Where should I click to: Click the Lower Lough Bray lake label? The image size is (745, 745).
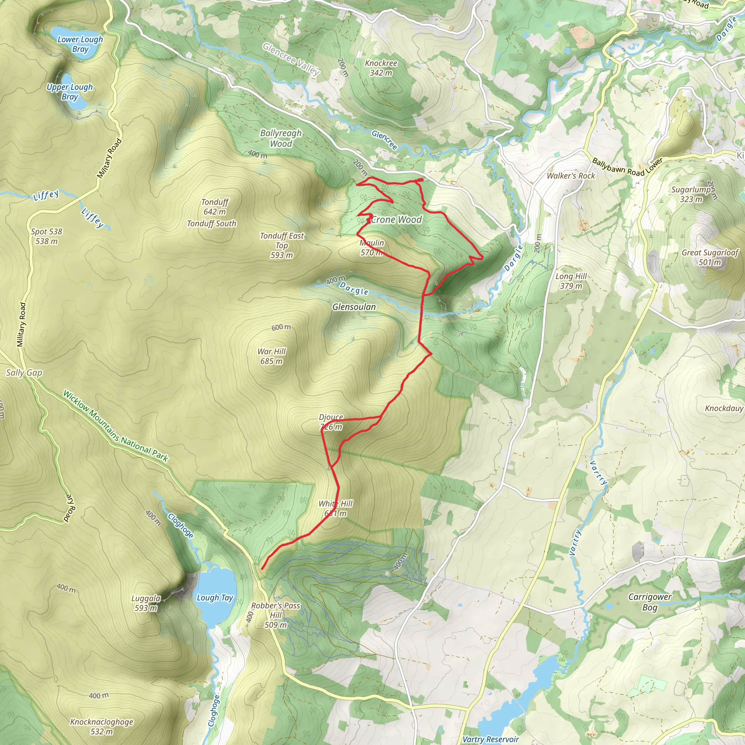pyautogui.click(x=80, y=44)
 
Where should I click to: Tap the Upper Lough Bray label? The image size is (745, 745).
pyautogui.click(x=70, y=92)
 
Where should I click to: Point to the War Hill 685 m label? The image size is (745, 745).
pyautogui.click(x=271, y=356)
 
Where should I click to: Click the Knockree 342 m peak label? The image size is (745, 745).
pyautogui.click(x=381, y=68)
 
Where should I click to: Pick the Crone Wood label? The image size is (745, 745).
pyautogui.click(x=397, y=220)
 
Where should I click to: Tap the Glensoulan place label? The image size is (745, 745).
pyautogui.click(x=354, y=307)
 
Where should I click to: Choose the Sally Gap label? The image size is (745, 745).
pyautogui.click(x=24, y=372)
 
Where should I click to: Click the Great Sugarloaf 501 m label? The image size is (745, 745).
pyautogui.click(x=710, y=257)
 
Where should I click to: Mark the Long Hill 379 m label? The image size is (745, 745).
pyautogui.click(x=571, y=281)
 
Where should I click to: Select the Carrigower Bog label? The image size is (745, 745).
pyautogui.click(x=650, y=602)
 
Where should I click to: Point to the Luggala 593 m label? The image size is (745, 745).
pyautogui.click(x=146, y=603)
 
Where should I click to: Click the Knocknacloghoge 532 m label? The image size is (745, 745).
pyautogui.click(x=101, y=726)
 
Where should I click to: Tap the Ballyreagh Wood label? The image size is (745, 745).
pyautogui.click(x=281, y=138)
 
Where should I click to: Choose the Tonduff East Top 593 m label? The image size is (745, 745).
pyautogui.click(x=282, y=245)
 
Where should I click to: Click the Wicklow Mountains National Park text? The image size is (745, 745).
pyautogui.click(x=115, y=426)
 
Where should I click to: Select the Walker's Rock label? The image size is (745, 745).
pyautogui.click(x=571, y=176)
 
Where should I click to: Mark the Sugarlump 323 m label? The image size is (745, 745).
pyautogui.click(x=691, y=194)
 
